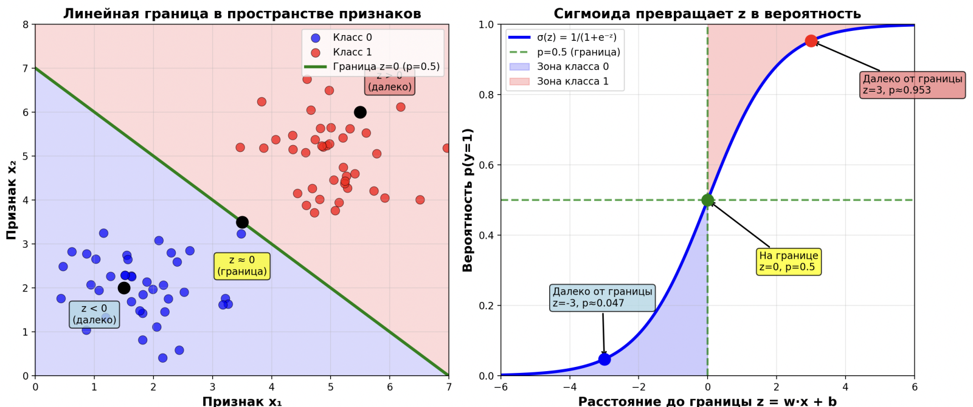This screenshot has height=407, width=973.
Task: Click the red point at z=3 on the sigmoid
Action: click(811, 41)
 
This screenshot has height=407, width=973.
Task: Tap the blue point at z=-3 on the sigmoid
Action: click(604, 359)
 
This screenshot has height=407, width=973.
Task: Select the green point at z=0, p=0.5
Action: click(707, 200)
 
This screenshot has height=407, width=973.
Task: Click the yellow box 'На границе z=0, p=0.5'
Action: click(789, 261)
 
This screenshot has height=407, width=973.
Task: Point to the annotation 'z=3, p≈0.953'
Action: click(912, 84)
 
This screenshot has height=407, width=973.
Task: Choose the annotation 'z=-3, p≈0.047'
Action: click(602, 298)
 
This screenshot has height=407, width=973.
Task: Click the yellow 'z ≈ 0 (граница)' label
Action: click(242, 266)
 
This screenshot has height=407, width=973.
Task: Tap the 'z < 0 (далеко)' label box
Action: click(94, 314)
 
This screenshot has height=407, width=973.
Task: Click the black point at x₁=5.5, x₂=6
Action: click(360, 112)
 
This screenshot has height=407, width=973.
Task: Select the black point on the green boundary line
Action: click(242, 222)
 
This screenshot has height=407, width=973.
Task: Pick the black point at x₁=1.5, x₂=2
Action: click(124, 288)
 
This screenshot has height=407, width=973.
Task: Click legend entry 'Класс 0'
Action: click(352, 38)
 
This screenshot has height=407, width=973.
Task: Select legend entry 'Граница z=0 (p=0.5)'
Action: click(386, 67)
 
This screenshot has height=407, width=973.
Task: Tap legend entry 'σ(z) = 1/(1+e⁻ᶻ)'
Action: click(577, 38)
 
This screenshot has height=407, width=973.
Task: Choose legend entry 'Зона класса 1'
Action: click(572, 81)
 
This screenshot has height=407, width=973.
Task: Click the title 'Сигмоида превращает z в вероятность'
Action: click(707, 13)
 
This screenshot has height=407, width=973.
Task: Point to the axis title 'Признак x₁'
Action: click(242, 401)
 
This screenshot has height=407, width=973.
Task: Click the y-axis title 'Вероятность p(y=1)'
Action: click(468, 200)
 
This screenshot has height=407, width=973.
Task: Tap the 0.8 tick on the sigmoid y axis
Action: click(486, 95)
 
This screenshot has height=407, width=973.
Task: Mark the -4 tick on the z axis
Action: click(569, 387)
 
